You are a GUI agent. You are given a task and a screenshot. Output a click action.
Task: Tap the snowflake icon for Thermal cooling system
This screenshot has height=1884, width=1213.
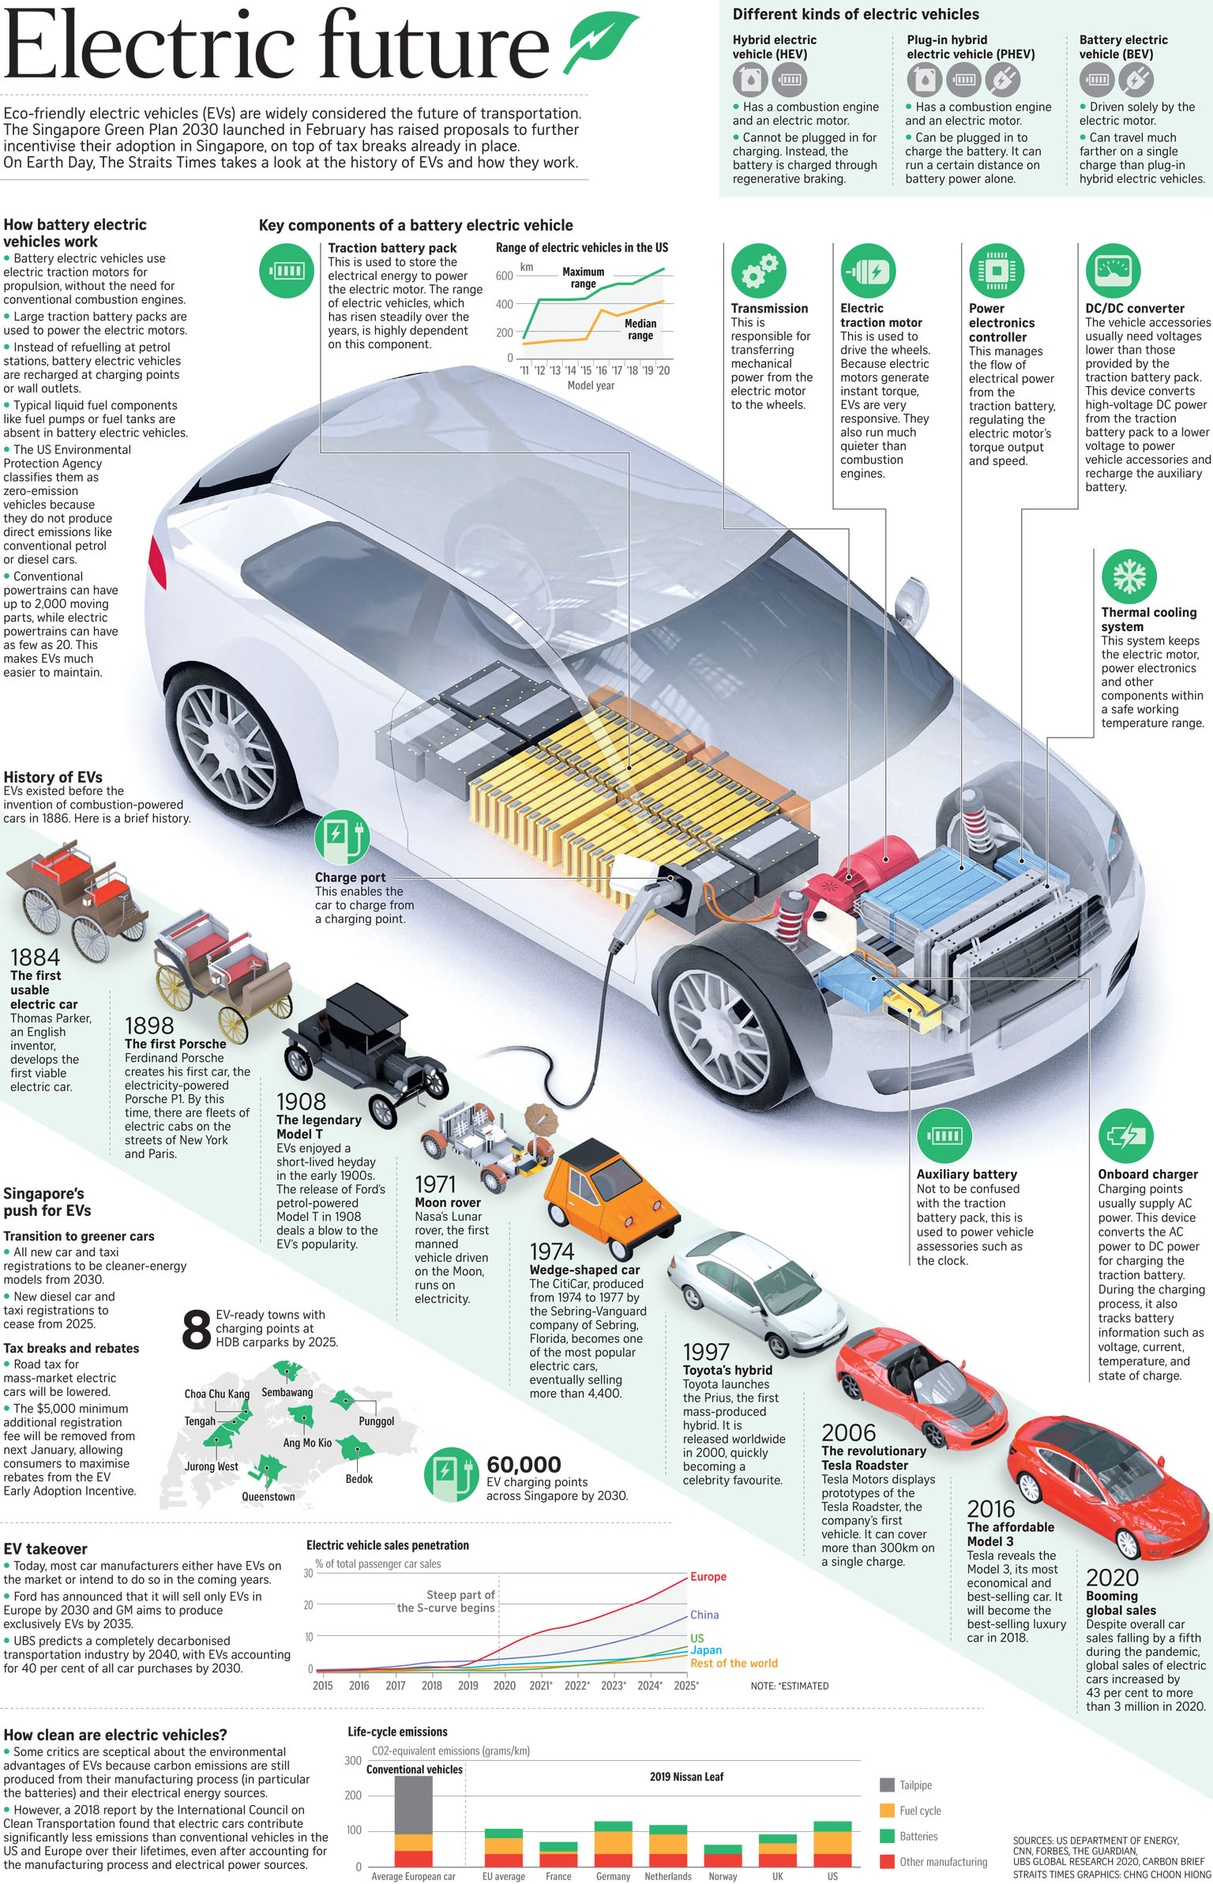(x=1129, y=576)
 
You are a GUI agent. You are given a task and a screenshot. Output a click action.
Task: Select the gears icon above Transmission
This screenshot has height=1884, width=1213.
(x=759, y=270)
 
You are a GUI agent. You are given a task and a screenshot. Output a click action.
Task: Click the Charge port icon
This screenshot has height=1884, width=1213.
(x=342, y=838)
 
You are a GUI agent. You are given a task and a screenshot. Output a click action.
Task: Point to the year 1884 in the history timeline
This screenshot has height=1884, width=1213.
(x=35, y=957)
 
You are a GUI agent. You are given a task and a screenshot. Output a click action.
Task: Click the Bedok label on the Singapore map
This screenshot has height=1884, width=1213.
(x=359, y=1479)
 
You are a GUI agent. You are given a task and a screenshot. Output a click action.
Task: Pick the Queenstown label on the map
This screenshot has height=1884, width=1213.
(x=269, y=1496)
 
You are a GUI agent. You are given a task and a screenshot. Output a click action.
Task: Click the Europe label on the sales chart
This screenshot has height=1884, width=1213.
(x=708, y=1577)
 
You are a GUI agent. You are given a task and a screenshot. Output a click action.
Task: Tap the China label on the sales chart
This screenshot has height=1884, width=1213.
(x=704, y=1615)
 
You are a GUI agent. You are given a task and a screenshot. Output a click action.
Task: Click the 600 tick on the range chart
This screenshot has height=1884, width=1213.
(x=504, y=276)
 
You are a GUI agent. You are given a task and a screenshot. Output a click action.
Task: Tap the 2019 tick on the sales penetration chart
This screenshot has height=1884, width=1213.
(x=468, y=1685)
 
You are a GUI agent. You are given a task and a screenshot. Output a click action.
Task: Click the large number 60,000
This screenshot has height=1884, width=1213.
(x=524, y=1465)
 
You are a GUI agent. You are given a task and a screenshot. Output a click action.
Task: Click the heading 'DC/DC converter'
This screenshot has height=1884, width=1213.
(x=1134, y=309)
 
